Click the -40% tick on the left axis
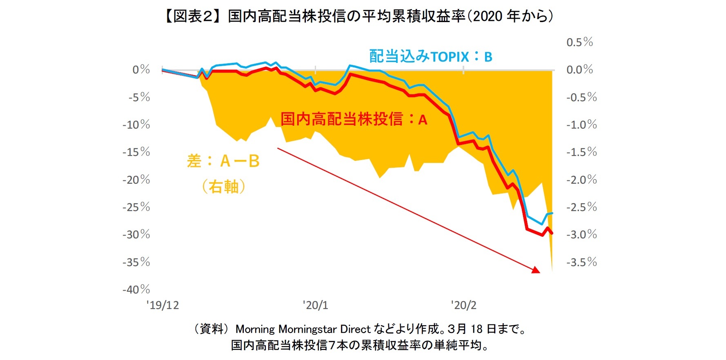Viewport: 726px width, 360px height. click(x=136, y=289)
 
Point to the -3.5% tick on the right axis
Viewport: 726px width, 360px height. click(x=581, y=262)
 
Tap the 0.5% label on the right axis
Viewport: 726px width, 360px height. click(x=579, y=42)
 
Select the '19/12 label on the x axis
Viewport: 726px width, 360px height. click(x=163, y=305)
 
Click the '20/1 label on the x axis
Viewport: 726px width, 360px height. click(x=315, y=305)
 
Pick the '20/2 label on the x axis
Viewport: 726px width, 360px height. click(x=463, y=305)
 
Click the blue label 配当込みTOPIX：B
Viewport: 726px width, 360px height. click(x=430, y=57)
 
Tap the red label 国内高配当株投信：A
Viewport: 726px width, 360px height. click(x=354, y=119)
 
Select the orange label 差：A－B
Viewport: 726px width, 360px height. click(x=223, y=161)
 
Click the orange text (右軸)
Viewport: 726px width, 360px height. click(x=223, y=187)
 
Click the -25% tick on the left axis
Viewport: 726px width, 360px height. click(x=136, y=207)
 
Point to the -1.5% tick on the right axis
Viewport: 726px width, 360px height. click(x=581, y=152)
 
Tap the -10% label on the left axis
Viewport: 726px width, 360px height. click(x=136, y=124)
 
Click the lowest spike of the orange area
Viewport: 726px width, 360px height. click(x=552, y=270)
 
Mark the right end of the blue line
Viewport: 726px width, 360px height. click(x=552, y=213)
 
